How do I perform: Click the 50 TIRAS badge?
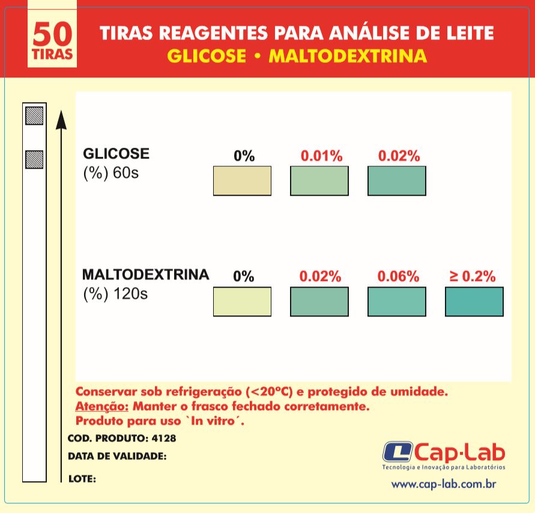coord(52,43)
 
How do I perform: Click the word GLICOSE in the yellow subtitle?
coord(207,56)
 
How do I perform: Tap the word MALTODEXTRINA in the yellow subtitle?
coord(348,56)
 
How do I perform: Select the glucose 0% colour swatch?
coord(242,181)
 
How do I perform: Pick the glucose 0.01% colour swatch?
coord(319,181)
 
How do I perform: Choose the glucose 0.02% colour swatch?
coord(396,181)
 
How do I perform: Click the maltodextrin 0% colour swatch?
coord(242,302)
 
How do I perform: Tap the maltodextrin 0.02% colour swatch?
coord(319,302)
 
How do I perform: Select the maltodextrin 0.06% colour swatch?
coord(396,302)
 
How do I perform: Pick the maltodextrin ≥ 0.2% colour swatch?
coord(474,302)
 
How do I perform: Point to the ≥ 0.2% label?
coord(473,277)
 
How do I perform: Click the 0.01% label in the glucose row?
coord(321,156)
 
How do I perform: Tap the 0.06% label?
coord(398,277)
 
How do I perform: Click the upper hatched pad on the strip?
coord(34,115)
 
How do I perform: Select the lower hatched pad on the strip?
coord(34,159)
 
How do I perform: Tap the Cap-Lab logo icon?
coord(396,452)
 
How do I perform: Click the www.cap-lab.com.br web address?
coord(443,484)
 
